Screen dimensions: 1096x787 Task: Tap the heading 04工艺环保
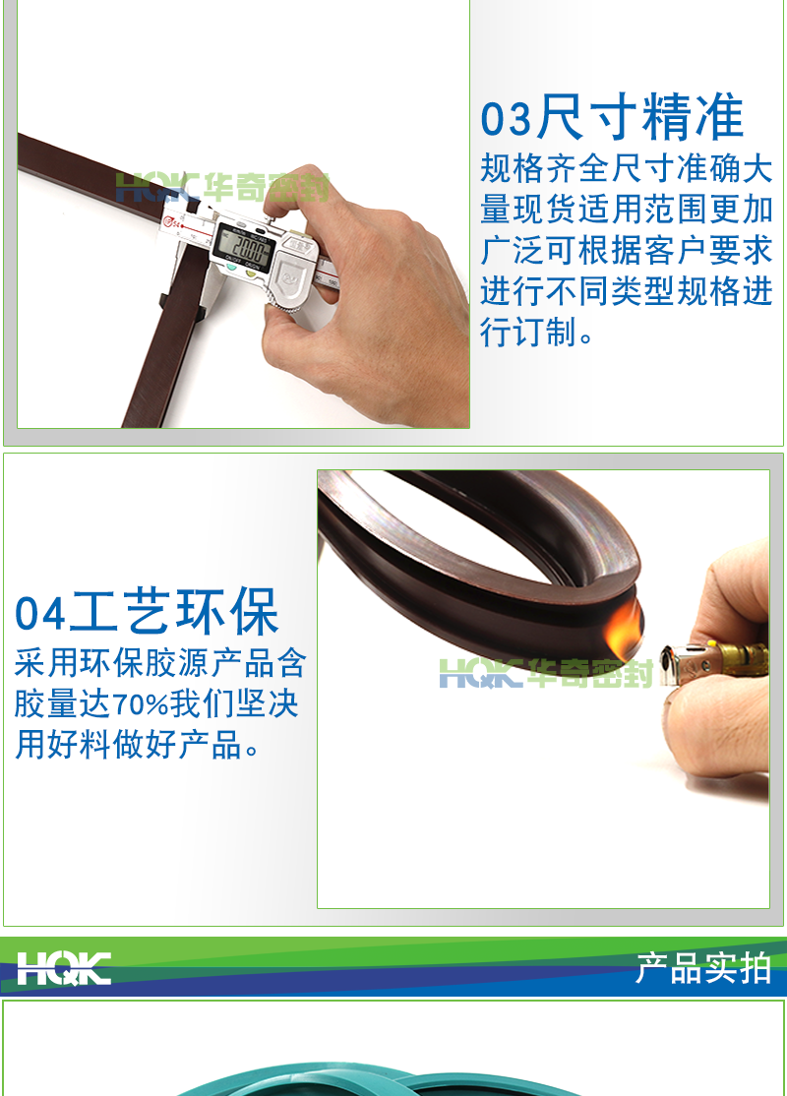tap(148, 613)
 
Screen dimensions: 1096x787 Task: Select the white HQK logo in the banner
tap(64, 968)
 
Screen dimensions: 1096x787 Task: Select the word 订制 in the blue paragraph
tap(540, 332)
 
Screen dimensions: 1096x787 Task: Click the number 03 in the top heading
tap(506, 120)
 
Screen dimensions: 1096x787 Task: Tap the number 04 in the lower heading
tap(40, 614)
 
